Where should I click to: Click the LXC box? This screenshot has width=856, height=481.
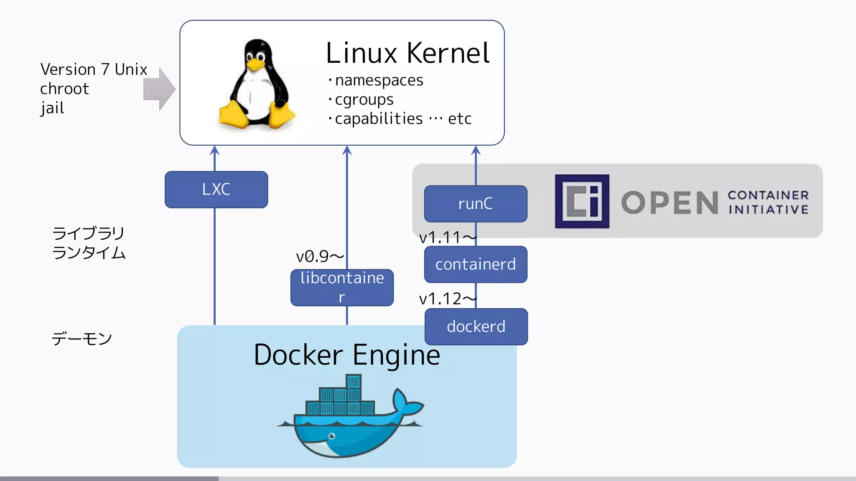click(216, 190)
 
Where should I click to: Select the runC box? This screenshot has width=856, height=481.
click(475, 204)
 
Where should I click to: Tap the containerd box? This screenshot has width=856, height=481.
click(475, 264)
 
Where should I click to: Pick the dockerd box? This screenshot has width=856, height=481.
click(476, 327)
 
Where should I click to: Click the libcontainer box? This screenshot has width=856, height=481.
click(342, 287)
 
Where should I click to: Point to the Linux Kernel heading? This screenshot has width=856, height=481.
click(407, 53)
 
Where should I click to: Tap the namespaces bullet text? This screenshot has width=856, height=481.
click(379, 80)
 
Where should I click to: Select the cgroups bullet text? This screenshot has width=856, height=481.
click(364, 99)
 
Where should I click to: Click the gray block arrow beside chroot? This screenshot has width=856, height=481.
click(159, 89)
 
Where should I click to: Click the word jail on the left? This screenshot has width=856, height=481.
click(52, 108)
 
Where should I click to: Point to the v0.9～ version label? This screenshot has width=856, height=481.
click(319, 256)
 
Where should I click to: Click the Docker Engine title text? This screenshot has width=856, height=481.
click(346, 355)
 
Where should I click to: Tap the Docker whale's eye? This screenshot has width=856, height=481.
click(332, 436)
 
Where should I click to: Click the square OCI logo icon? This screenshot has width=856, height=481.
click(582, 201)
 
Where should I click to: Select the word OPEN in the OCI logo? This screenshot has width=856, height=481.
click(670, 203)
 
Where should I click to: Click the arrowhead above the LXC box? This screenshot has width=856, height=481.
click(214, 150)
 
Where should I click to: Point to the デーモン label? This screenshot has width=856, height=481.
click(82, 339)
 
